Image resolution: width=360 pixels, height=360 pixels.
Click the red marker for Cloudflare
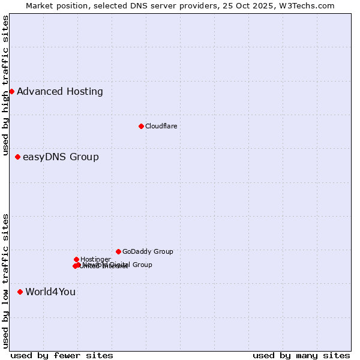141,126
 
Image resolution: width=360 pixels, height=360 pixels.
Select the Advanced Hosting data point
11,91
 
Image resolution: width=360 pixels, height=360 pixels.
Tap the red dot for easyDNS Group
17,157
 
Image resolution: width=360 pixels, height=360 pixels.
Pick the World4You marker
20,292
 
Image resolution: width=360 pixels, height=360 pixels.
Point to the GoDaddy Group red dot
118,251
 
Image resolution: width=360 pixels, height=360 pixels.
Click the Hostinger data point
76,259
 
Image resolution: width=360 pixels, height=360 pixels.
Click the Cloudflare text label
161,126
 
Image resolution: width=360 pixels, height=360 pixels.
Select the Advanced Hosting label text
60,92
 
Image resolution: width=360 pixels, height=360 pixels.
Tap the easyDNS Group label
61,157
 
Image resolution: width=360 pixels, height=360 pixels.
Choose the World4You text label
50,292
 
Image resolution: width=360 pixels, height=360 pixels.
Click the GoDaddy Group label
148,252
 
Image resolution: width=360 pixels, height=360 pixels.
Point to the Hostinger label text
95,259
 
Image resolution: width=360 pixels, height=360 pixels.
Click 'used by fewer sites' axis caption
62,355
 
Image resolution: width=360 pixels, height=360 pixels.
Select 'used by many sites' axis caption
301,355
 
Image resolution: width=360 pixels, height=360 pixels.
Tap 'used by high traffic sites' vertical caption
6,86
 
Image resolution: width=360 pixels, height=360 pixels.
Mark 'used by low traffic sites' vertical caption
6,281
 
